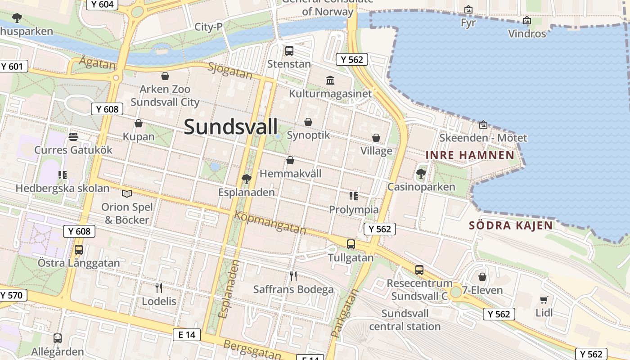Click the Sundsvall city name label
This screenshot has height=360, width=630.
pos(231,127)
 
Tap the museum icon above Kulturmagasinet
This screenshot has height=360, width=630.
pos(330,80)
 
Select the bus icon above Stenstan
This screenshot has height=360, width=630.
pos(289,51)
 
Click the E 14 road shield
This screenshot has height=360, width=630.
pos(187,334)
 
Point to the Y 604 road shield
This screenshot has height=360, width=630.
pos(102,4)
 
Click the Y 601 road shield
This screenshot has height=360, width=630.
pos(12,67)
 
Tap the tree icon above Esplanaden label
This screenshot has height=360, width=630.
pos(246,179)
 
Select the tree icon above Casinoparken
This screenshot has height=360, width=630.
pos(421,173)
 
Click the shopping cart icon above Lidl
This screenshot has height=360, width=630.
pos(544,299)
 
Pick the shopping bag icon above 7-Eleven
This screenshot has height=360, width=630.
pos(482,277)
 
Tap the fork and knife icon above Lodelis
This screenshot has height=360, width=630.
pos(158,288)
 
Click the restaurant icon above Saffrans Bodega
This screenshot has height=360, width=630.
pos(293,276)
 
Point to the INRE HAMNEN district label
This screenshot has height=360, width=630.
pos(470,155)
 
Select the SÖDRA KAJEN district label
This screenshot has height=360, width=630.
pos(511,225)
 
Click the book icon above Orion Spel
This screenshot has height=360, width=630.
pos(127,193)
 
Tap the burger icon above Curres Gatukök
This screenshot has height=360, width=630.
pos(73,136)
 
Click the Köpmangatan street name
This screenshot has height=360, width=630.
pos(270,222)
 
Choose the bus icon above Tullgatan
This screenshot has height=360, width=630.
pos(351,244)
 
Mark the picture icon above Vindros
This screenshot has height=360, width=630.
pos(526,20)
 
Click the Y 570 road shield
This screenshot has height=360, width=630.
pos(12,295)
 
